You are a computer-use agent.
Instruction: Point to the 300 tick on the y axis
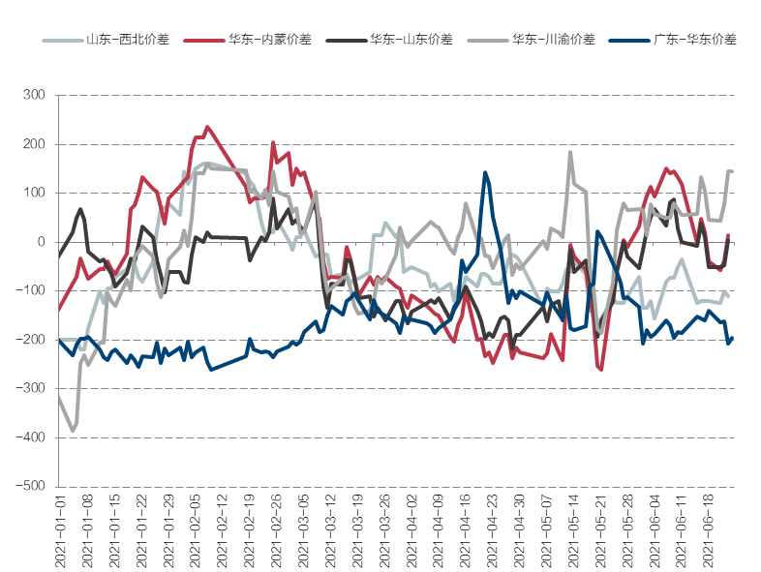click(34, 95)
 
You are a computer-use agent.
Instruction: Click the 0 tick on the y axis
click(41, 242)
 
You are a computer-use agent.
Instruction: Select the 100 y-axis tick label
click(34, 193)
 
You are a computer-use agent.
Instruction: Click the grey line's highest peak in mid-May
click(570, 152)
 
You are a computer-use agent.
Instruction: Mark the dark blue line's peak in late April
click(485, 172)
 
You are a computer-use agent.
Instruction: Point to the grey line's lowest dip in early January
click(73, 431)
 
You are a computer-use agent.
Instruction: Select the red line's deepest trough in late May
click(600, 370)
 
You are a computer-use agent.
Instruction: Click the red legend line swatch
click(204, 40)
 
